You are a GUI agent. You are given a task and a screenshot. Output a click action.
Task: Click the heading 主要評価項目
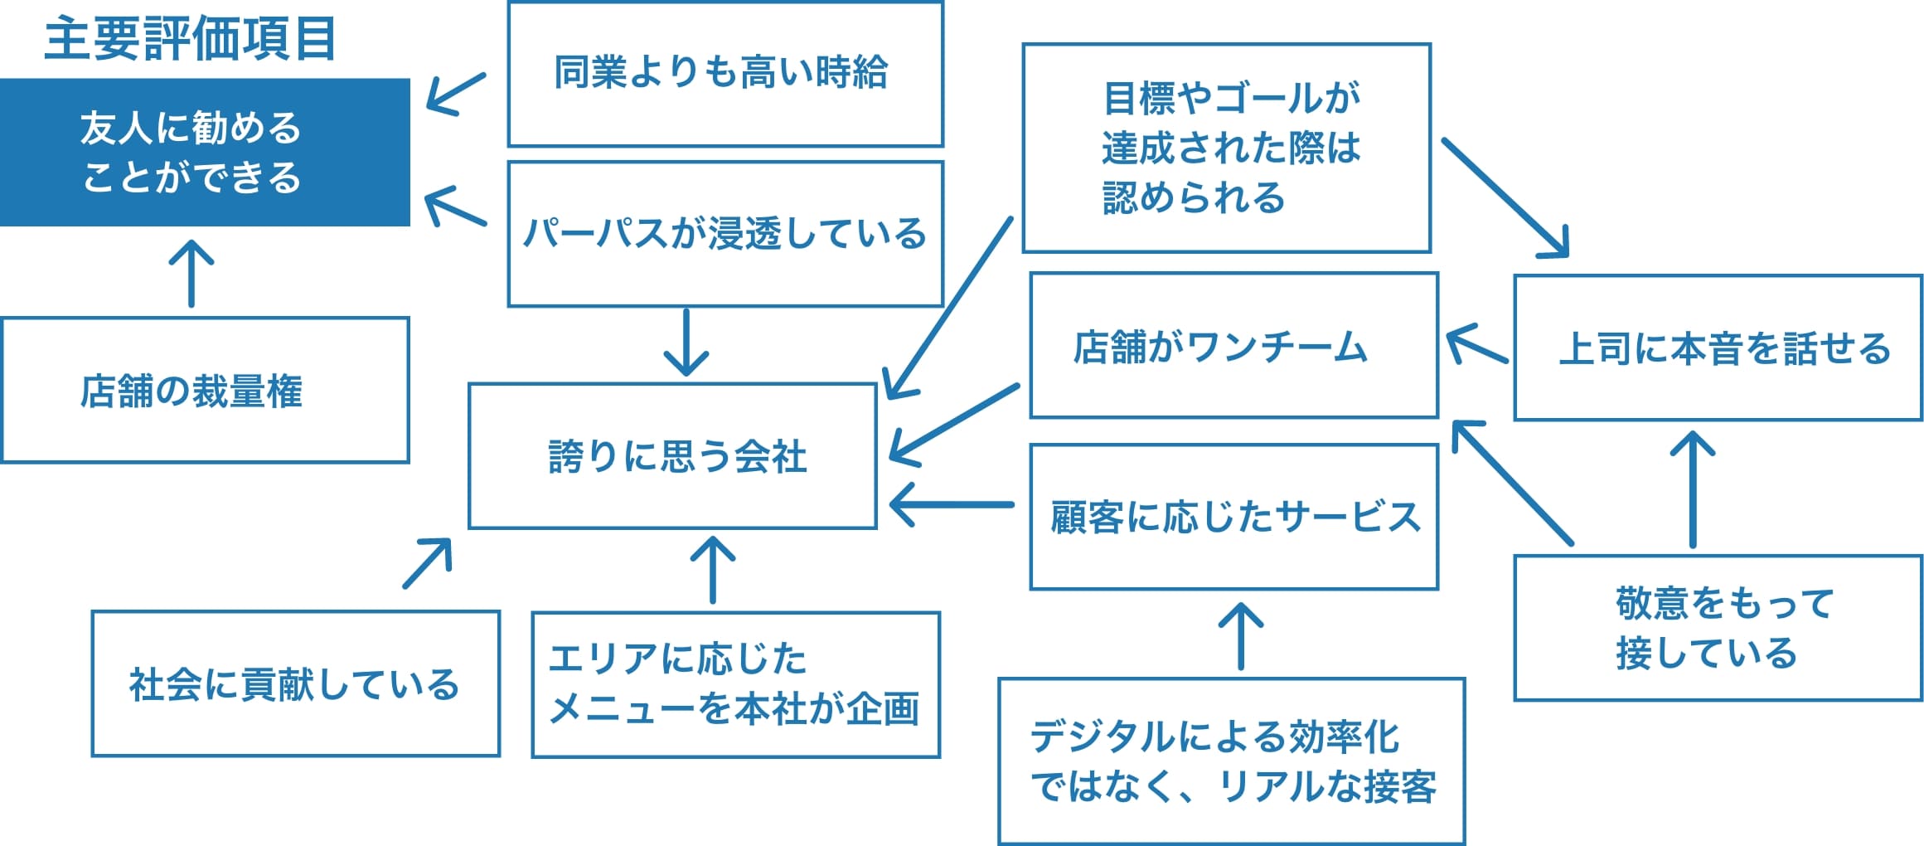point(190,39)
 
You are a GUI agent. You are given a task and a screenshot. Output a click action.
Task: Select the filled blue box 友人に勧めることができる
point(205,153)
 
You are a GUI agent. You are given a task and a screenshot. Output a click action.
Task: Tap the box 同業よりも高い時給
point(725,74)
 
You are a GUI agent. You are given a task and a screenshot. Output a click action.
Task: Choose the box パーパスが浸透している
point(725,234)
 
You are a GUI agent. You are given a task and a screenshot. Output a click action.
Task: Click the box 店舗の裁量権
point(205,390)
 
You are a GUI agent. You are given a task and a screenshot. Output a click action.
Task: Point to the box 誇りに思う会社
point(672,455)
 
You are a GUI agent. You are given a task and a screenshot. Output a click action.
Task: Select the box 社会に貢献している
point(296,683)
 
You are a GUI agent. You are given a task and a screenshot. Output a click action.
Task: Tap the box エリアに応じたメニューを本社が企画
point(735,684)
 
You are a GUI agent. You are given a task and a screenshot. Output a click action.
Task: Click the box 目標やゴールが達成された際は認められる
point(1226,148)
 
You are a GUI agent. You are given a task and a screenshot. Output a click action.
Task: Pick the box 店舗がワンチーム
point(1233,345)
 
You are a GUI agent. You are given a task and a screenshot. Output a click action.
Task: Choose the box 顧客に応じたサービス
point(1233,517)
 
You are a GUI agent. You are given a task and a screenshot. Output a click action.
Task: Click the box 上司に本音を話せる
point(1718,348)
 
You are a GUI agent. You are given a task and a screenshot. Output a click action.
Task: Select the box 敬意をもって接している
point(1718,628)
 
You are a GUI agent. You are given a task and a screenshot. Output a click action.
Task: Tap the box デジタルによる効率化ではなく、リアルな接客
point(1231,761)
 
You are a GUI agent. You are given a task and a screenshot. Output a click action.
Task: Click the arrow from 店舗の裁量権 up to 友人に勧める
point(191,274)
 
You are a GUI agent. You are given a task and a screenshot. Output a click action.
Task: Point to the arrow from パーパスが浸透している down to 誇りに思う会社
point(686,343)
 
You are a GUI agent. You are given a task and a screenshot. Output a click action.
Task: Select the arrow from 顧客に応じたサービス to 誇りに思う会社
point(952,504)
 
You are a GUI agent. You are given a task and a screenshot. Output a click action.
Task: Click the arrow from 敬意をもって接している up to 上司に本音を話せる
point(1693,489)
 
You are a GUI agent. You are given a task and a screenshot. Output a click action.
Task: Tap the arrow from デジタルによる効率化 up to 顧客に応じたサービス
point(1241,636)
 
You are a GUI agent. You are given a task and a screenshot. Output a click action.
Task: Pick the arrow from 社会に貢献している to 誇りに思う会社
point(428,563)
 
